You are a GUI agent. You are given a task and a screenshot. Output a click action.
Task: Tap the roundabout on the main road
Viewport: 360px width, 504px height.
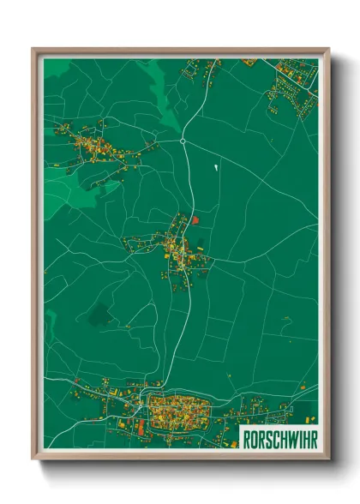coord(183,141)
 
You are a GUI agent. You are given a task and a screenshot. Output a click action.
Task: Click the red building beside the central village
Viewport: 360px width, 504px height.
coord(195,221)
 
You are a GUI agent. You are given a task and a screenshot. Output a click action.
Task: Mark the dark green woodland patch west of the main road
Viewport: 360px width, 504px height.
coord(99,315)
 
